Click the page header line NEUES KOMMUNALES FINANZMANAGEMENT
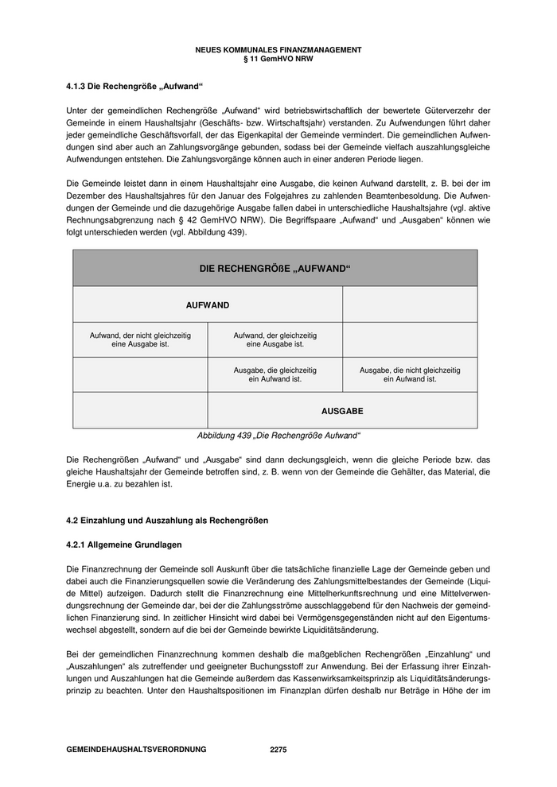tap(278, 49)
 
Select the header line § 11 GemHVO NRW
tap(278, 58)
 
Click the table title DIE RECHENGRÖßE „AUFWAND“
tap(275, 269)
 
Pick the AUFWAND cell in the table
tap(208, 304)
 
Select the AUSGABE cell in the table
tap(342, 411)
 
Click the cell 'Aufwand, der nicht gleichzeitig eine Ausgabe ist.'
tap(140, 340)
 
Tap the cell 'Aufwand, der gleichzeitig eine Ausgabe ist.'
tap(275, 340)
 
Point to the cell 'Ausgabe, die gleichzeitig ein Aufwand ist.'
tap(275, 375)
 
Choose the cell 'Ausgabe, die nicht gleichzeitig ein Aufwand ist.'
tap(410, 375)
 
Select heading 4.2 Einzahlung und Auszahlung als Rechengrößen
tap(167, 521)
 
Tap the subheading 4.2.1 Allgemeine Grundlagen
tap(124, 545)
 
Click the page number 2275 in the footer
tap(278, 750)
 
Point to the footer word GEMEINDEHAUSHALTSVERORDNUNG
tap(136, 750)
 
